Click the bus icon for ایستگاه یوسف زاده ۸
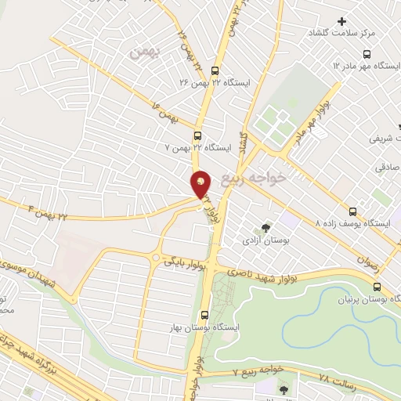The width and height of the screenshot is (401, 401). point(352,211)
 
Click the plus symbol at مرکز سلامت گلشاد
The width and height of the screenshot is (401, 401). point(341,21)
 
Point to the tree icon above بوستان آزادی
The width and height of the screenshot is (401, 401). point(266,227)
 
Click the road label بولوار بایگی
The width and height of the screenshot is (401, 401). point(184,263)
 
